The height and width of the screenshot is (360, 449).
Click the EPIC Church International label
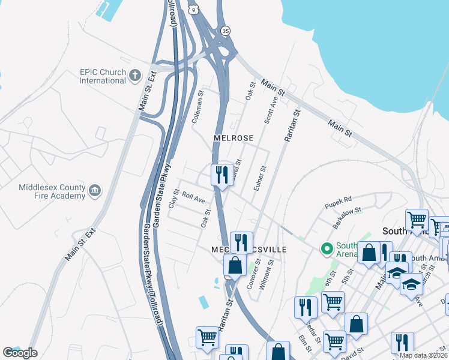click(103, 76)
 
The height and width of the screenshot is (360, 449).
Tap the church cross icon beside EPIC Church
click(135, 76)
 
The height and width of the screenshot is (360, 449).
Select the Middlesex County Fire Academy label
click(52, 191)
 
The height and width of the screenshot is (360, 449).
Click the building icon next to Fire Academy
click(94, 191)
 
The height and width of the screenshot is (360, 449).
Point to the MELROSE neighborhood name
click(234, 138)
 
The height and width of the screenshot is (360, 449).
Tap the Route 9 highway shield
click(192, 10)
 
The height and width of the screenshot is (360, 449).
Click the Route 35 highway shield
click(225, 30)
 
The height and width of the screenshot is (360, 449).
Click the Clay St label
click(173, 199)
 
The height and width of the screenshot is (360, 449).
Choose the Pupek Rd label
click(339, 198)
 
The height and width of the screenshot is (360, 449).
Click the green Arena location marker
click(327, 248)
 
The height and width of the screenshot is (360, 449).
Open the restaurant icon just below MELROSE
click(222, 175)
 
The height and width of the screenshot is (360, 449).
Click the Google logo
click(20, 353)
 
